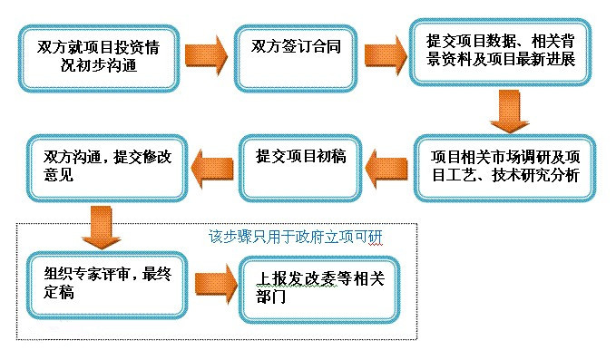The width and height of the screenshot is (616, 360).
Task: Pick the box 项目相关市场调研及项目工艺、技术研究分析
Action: pos(507,168)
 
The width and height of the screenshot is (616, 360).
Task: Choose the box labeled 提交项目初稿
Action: pos(303,168)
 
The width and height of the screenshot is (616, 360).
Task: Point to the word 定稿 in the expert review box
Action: pos(59,294)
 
